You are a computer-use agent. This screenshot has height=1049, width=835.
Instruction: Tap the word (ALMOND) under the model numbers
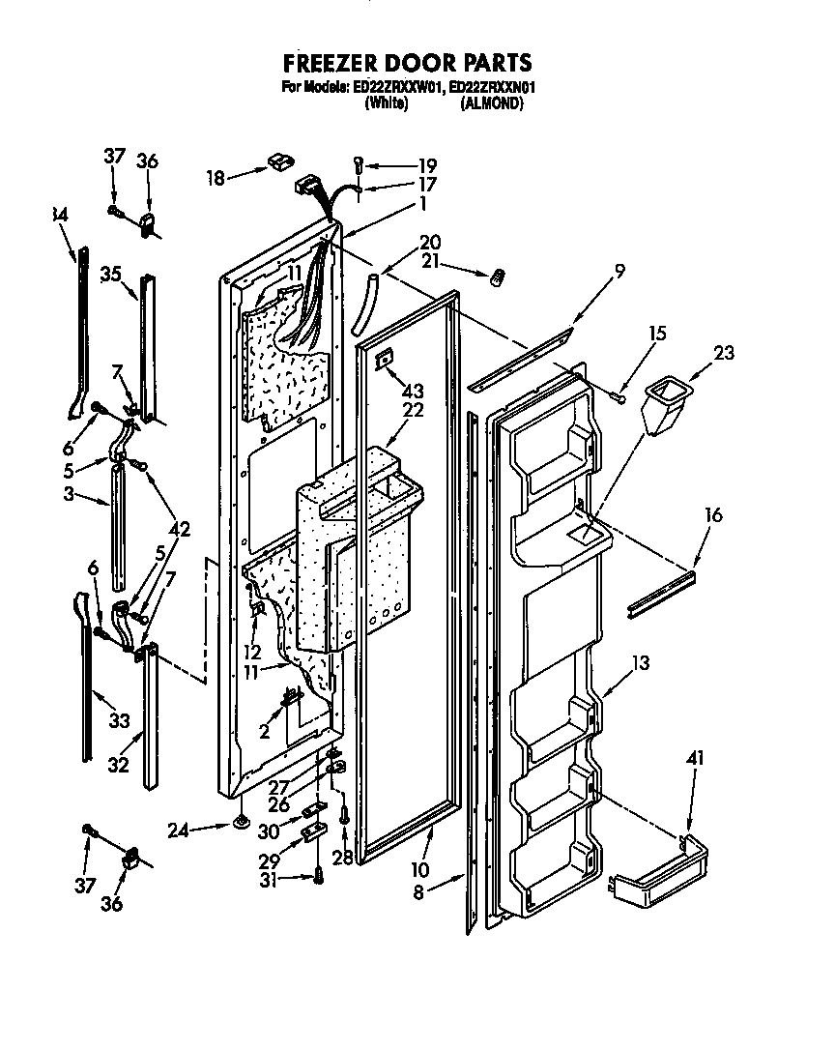point(493,103)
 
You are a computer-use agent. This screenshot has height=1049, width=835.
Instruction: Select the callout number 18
point(216,177)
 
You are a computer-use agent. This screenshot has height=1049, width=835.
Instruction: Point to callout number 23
point(723,353)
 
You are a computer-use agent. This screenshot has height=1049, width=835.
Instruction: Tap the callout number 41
point(693,760)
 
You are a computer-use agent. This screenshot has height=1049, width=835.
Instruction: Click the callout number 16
point(712,516)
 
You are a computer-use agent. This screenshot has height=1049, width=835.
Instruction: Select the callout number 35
point(110,274)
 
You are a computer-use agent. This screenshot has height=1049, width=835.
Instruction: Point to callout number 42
point(179,529)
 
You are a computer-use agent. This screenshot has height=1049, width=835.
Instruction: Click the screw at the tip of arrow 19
point(359,165)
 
